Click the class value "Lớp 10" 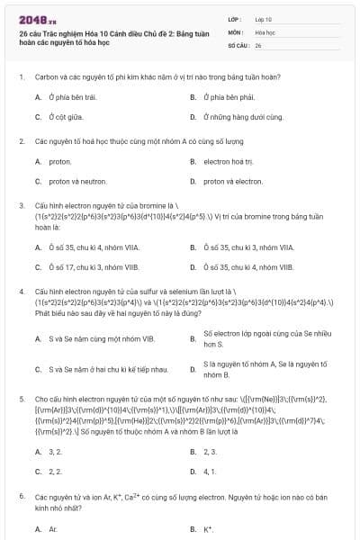point(263,18)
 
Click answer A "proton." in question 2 point(59,161)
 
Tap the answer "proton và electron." point(231,181)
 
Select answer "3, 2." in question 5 point(54,451)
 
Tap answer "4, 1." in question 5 point(210,471)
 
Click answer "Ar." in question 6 point(53,529)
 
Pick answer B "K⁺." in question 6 point(208,529)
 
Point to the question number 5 point(21,397)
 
